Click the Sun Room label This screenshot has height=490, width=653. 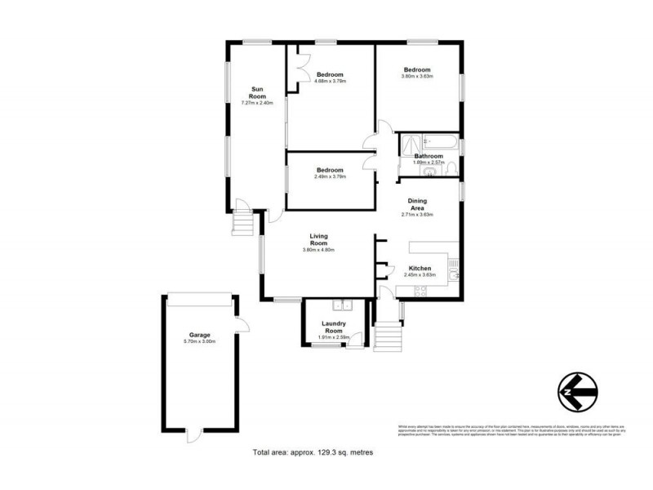pyautogui.click(x=256, y=92)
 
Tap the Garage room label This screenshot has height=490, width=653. pyautogui.click(x=200, y=335)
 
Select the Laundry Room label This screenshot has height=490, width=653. pyautogui.click(x=333, y=327)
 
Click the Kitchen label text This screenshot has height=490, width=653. pyautogui.click(x=420, y=267)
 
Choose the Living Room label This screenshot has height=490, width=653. pyautogui.click(x=318, y=240)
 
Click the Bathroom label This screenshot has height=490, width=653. pyautogui.click(x=429, y=156)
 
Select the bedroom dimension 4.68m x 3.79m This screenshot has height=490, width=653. pyautogui.click(x=330, y=82)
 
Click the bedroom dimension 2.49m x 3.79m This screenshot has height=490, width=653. pyautogui.click(x=330, y=176)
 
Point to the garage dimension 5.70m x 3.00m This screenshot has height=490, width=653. pyautogui.click(x=200, y=341)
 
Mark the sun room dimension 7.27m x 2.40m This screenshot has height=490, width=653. pyautogui.click(x=256, y=104)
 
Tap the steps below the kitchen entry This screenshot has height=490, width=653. pyautogui.click(x=389, y=336)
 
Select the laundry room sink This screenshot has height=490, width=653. pyautogui.click(x=345, y=306)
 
